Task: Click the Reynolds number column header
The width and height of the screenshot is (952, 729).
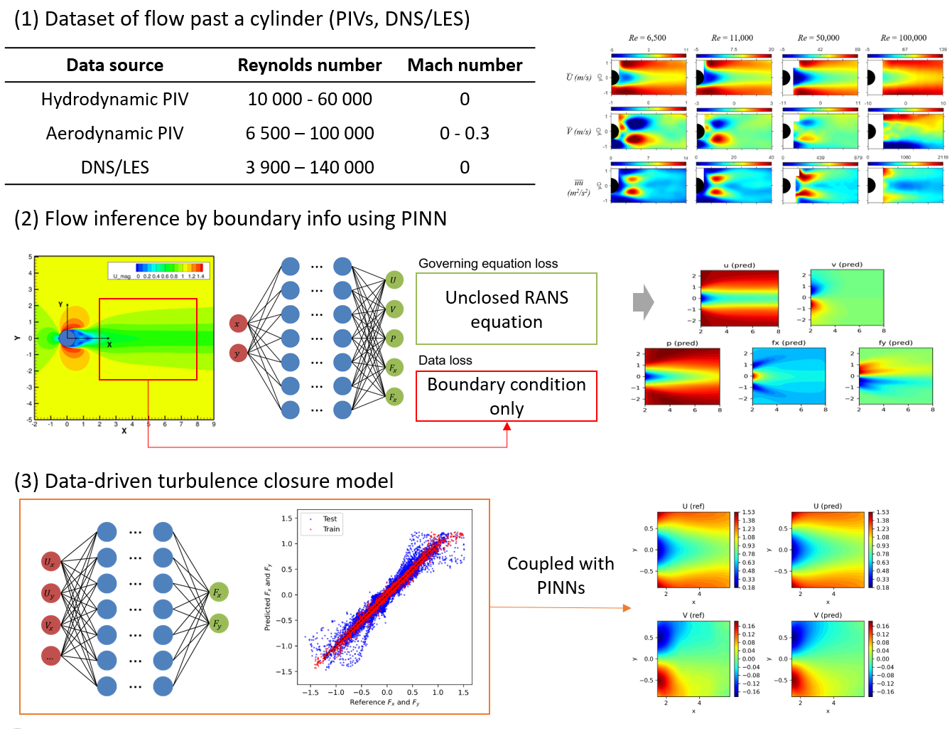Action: (x=309, y=65)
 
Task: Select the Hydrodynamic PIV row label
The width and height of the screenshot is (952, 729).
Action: (x=114, y=100)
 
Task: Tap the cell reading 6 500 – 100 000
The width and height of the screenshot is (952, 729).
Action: (x=309, y=134)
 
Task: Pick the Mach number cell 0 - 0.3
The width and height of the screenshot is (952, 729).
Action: (x=464, y=134)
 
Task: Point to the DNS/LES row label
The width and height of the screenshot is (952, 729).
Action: (x=114, y=168)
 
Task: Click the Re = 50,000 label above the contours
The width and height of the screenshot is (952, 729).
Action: (x=818, y=38)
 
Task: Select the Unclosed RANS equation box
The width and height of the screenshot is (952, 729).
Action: (x=506, y=309)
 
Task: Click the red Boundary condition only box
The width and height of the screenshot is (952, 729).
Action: (x=506, y=396)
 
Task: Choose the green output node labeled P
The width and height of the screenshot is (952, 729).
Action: (x=393, y=339)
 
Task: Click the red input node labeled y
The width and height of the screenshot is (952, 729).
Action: (x=238, y=353)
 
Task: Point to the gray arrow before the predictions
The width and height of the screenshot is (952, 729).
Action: (x=642, y=302)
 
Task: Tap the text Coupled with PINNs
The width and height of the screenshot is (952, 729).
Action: (x=561, y=575)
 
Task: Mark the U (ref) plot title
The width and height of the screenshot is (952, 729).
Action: (x=693, y=506)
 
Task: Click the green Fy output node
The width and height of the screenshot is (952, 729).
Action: (x=218, y=624)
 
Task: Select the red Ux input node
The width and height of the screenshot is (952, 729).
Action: (x=50, y=562)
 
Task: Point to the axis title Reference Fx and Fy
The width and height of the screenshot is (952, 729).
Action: (x=384, y=703)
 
